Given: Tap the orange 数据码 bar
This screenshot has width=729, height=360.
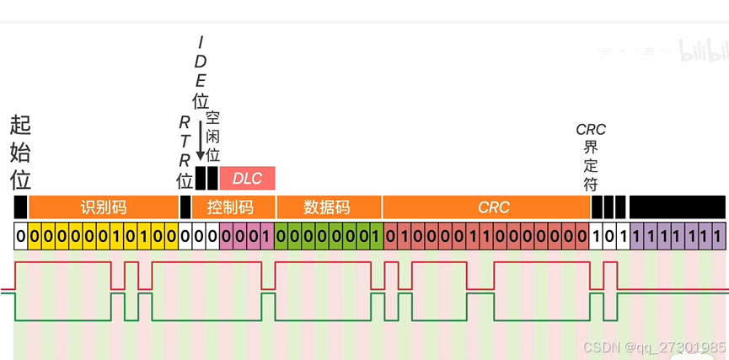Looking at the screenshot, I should click(x=327, y=207).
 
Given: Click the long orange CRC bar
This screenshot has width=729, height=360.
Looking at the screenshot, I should click(x=486, y=207).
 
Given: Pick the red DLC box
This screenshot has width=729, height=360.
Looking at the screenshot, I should click(x=248, y=178).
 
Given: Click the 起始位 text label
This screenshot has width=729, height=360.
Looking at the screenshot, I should click(x=20, y=153).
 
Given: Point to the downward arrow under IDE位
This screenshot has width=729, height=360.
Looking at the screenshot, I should click(x=201, y=140).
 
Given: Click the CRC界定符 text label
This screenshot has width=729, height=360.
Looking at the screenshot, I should click(x=591, y=158).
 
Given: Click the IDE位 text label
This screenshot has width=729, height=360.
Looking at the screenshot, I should click(x=201, y=73).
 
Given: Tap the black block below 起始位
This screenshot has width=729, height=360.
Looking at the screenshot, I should click(x=20, y=207).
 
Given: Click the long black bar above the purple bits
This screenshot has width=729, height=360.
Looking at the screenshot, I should click(x=677, y=207).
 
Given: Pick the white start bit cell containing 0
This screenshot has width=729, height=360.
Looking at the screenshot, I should click(x=20, y=236).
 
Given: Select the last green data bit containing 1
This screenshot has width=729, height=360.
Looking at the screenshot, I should click(x=376, y=236).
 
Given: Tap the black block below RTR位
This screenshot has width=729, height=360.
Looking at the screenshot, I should click(x=185, y=207).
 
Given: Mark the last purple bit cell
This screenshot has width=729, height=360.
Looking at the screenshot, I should click(x=717, y=236).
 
